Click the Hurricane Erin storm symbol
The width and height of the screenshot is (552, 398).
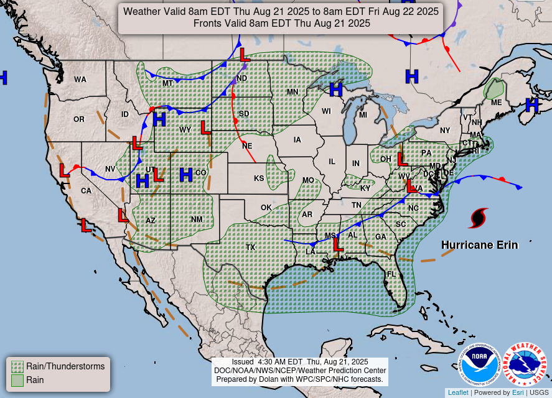(478, 218)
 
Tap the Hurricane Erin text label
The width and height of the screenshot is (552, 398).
(479, 245)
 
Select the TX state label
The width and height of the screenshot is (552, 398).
(250, 247)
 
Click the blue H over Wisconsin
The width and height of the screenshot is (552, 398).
(336, 90)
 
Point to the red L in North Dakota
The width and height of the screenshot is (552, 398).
(245, 55)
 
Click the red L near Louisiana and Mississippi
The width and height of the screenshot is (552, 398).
(338, 244)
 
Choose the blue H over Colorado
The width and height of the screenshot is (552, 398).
(185, 175)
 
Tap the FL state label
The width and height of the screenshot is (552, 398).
(391, 274)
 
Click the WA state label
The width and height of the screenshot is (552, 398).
(80, 80)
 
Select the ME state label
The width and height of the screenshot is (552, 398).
(496, 102)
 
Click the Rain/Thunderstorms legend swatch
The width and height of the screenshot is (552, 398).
(17, 366)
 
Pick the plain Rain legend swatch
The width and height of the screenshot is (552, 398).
(17, 380)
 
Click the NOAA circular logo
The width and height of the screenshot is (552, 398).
(480, 364)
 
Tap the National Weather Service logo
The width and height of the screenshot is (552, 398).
(525, 364)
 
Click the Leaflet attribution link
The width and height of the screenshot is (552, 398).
(457, 392)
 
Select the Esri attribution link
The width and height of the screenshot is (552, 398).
(518, 392)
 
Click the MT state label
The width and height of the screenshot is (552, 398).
(167, 83)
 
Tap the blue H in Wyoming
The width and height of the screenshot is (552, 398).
(159, 118)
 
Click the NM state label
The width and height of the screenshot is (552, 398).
(197, 220)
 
